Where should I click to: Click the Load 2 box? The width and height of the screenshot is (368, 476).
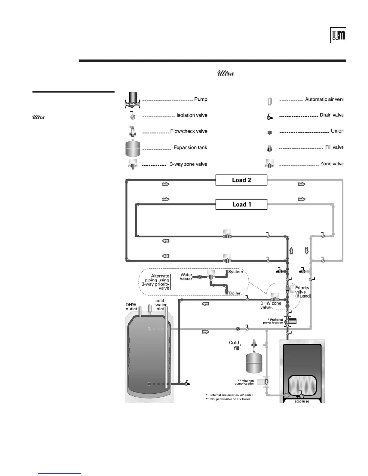241,180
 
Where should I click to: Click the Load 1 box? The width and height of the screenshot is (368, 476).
241,204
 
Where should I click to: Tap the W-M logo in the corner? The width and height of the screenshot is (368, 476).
338,36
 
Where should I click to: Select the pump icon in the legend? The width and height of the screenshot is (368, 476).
132,100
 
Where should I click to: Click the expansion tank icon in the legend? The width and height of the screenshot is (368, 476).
133,148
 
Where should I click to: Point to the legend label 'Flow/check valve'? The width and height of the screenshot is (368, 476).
189,131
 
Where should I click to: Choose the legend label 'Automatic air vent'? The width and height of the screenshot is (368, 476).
324,99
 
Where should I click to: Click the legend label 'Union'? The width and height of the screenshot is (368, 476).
337,131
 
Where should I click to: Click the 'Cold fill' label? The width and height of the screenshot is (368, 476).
234,345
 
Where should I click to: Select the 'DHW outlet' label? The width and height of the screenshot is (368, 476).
131,307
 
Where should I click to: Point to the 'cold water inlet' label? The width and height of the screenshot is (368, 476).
161,305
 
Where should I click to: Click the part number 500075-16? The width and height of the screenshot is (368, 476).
302,401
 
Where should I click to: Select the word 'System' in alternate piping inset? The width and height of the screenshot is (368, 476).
236,272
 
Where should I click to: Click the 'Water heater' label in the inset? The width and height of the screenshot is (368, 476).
186,277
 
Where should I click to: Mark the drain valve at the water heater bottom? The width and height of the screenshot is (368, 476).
188,383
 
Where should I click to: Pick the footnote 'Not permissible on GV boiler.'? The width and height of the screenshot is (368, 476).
230,399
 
